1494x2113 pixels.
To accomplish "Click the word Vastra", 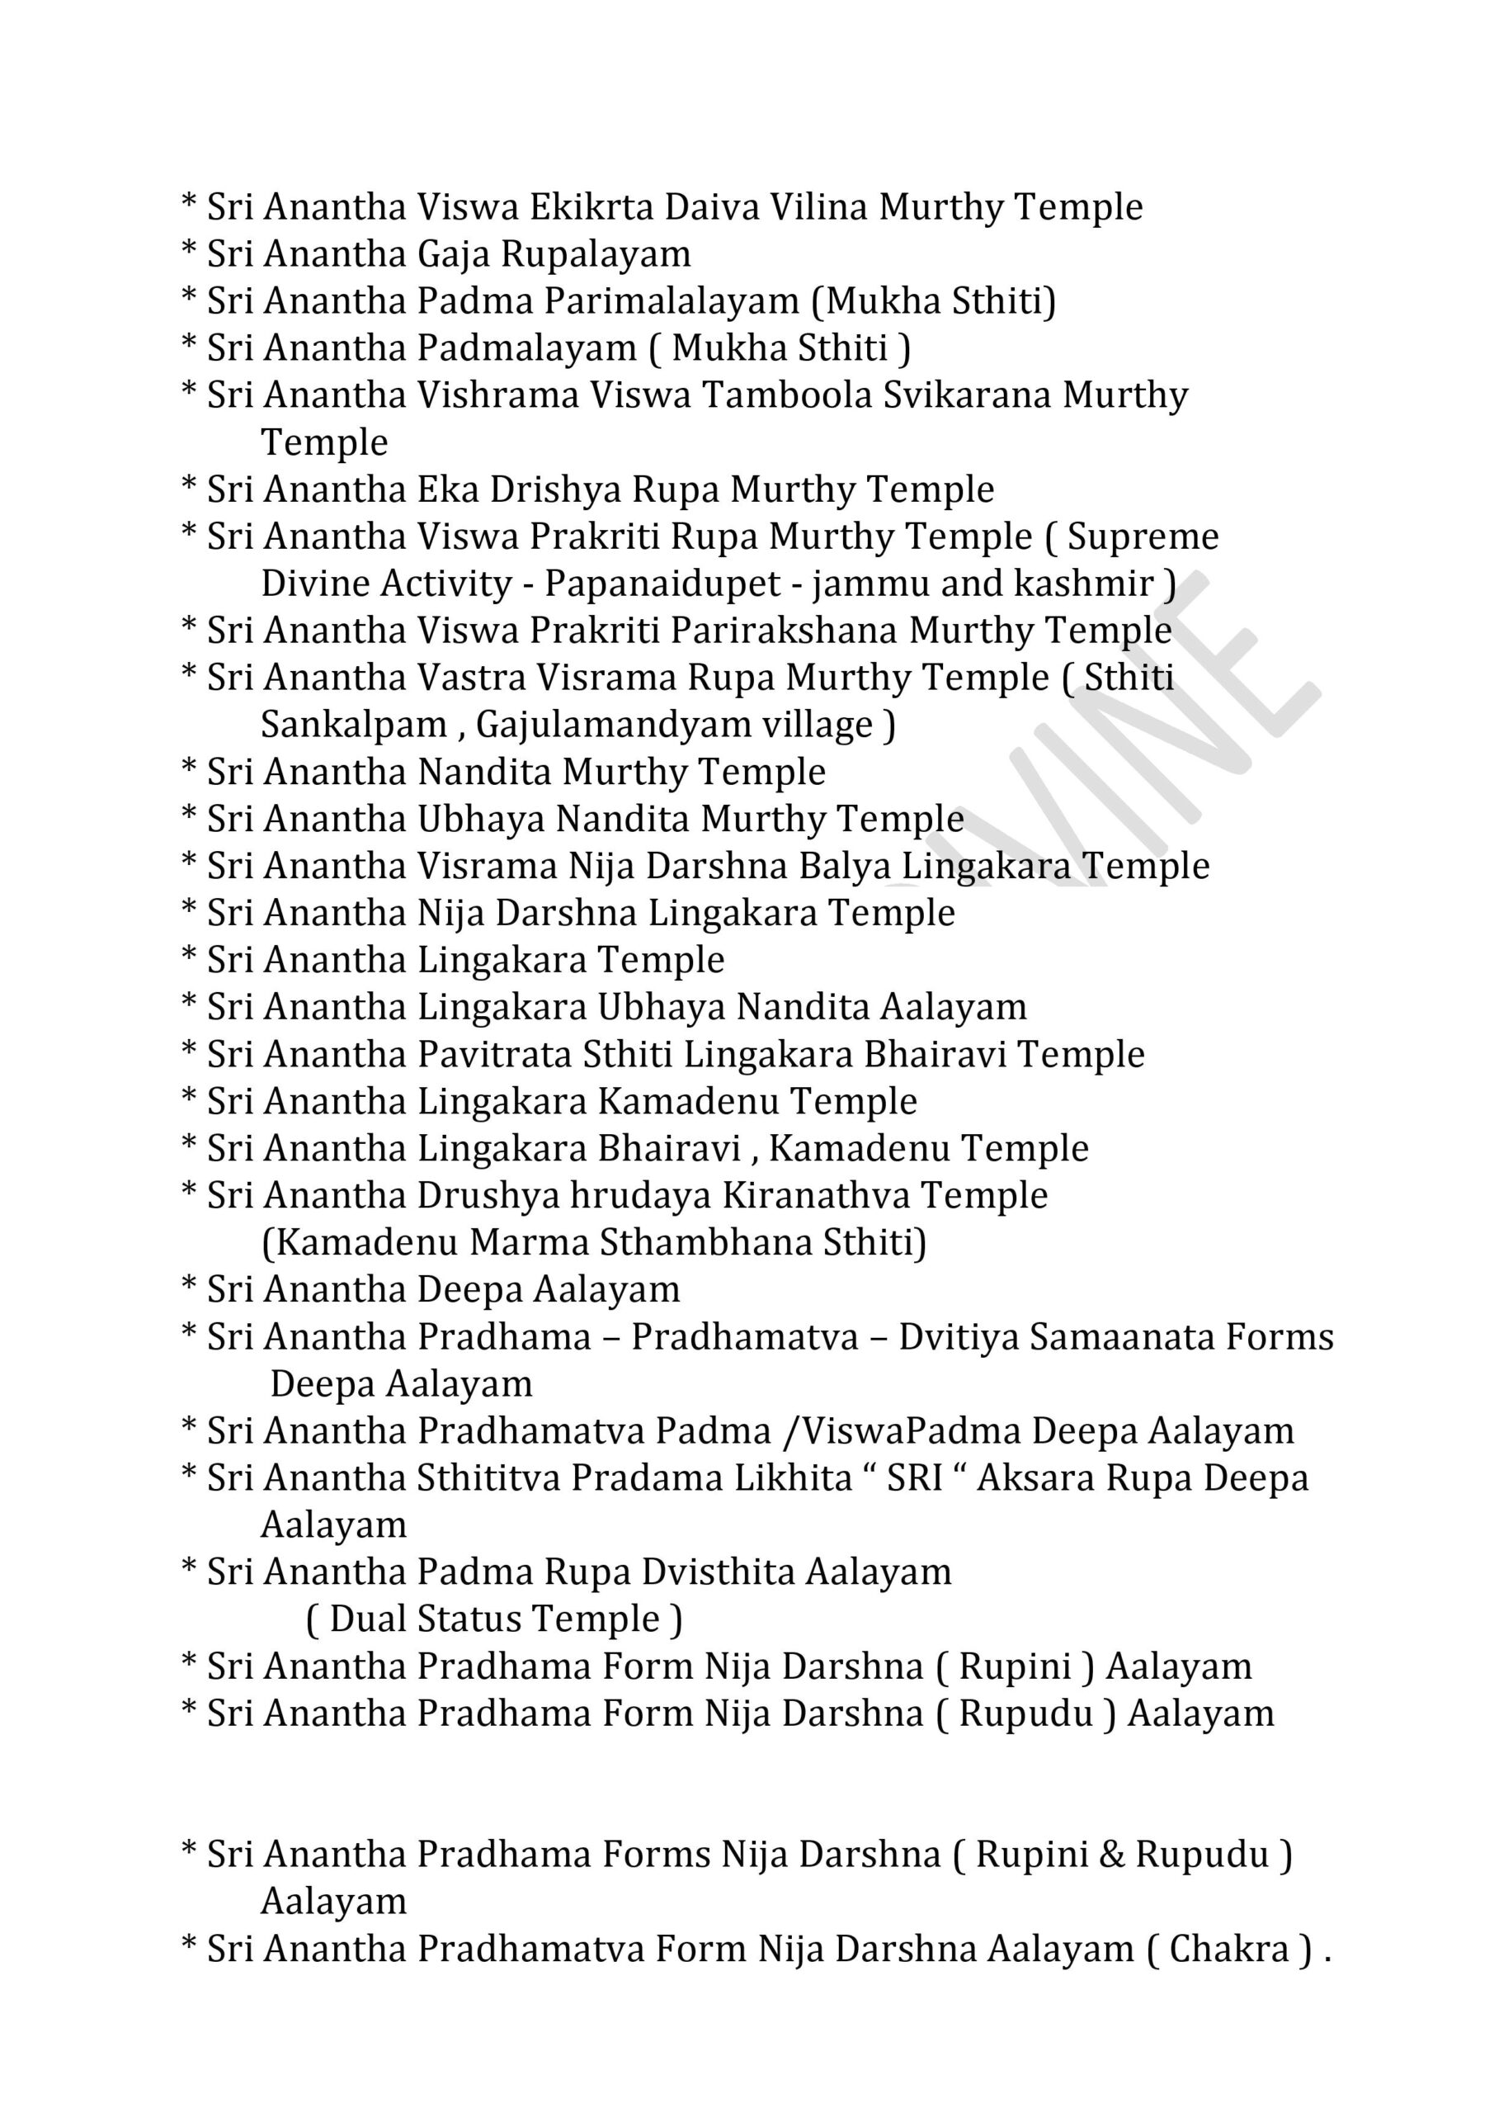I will tap(472, 678).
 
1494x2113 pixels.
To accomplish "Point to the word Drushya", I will tap(488, 1196).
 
